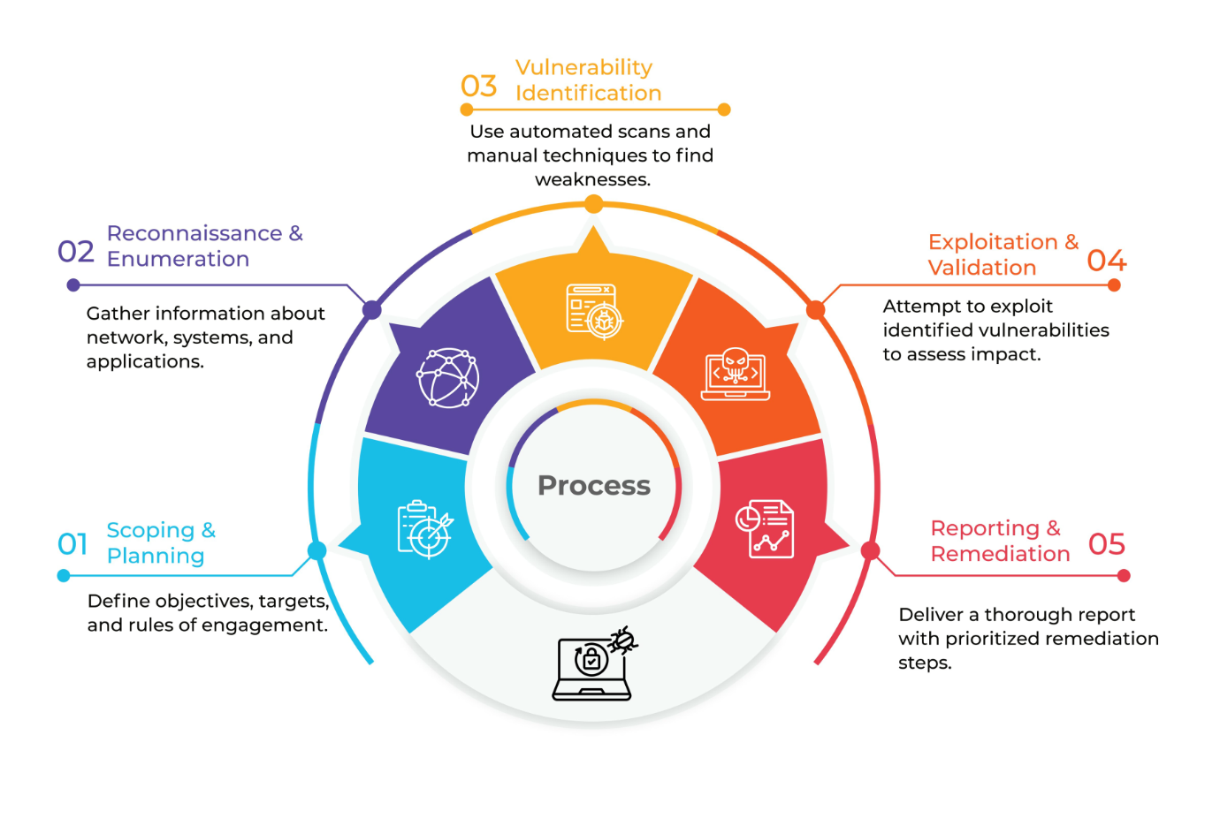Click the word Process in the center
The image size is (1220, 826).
pos(594,485)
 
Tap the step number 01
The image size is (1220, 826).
pos(72,544)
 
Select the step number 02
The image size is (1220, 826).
pos(76,252)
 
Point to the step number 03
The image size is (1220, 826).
pos(479,86)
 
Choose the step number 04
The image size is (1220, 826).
pos(1106,261)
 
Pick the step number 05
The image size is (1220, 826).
pos(1106,544)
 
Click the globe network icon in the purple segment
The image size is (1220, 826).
pos(447,378)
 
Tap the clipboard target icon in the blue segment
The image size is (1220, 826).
pos(425,529)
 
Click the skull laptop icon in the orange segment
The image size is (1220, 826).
pos(736,374)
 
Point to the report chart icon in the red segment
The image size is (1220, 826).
pos(765,528)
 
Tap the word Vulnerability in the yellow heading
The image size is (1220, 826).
pos(583,68)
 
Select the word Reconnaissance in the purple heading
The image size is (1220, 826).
pos(194,233)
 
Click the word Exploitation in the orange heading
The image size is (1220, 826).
pos(993,242)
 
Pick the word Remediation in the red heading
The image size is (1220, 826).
pos(1000,554)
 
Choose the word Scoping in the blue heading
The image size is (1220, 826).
pos(150,530)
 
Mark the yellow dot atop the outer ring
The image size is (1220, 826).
pos(594,205)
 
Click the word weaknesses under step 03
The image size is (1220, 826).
pos(592,179)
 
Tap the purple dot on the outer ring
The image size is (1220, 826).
pos(372,309)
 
